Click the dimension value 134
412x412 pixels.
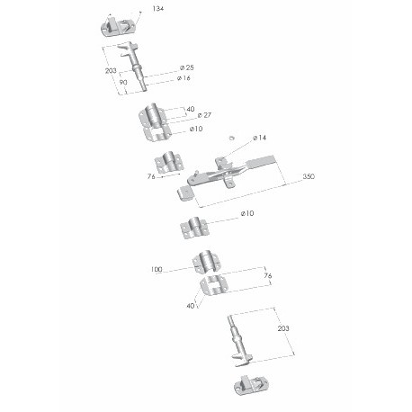[x=158, y=9]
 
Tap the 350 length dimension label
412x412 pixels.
[x=309, y=176]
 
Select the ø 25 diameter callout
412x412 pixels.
[x=187, y=67]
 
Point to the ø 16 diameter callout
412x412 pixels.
[x=184, y=78]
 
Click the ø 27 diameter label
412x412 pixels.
[x=204, y=115]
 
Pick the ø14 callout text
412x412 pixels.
[x=259, y=138]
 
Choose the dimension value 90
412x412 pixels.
[x=123, y=82]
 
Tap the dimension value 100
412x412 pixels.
[x=157, y=269]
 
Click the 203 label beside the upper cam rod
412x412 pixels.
[x=111, y=71]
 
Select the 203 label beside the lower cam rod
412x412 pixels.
[x=283, y=328]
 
